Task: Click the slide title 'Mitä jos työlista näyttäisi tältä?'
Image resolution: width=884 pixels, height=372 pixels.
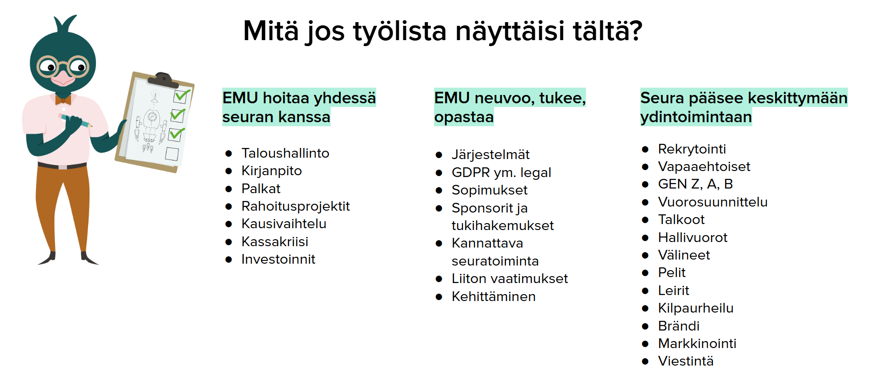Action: tap(442, 31)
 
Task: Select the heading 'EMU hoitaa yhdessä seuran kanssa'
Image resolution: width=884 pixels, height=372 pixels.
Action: tap(299, 107)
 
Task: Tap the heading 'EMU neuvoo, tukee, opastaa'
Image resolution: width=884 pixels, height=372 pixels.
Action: tap(510, 107)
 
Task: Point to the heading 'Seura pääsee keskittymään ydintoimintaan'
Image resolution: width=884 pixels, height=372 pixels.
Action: tap(743, 107)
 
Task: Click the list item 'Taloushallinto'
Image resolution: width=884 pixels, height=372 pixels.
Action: tap(285, 153)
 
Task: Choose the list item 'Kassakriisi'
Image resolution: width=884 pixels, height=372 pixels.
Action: tap(274, 242)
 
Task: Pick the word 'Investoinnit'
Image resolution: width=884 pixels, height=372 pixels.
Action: tap(278, 259)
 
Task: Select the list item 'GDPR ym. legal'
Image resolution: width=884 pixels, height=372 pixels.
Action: tap(501, 172)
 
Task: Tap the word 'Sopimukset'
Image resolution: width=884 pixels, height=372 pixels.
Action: tap(489, 190)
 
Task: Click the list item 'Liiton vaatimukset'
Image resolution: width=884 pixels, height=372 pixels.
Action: tap(510, 278)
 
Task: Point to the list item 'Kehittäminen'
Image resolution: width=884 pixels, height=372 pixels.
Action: tap(493, 296)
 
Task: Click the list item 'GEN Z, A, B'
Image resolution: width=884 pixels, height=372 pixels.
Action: tap(695, 184)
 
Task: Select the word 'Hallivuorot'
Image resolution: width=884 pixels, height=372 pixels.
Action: tap(693, 237)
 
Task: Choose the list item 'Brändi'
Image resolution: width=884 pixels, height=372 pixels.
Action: tap(678, 326)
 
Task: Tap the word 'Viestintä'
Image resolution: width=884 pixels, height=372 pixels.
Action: tap(686, 361)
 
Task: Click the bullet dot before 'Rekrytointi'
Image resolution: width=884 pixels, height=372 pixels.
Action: tap(645, 149)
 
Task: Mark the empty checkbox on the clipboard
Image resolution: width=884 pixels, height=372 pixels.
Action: tap(172, 154)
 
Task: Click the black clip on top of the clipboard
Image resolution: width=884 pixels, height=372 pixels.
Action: tap(162, 79)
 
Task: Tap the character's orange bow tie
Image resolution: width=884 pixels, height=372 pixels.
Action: tap(63, 100)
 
